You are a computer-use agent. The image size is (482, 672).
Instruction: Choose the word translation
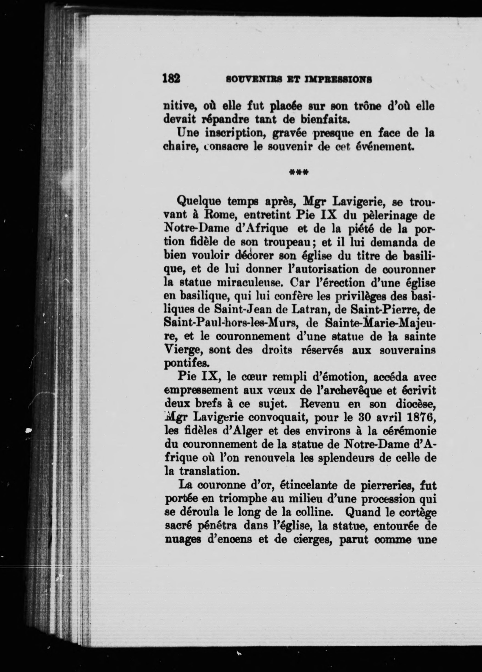coord(208,471)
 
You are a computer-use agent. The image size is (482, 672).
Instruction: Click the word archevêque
coord(346,390)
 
